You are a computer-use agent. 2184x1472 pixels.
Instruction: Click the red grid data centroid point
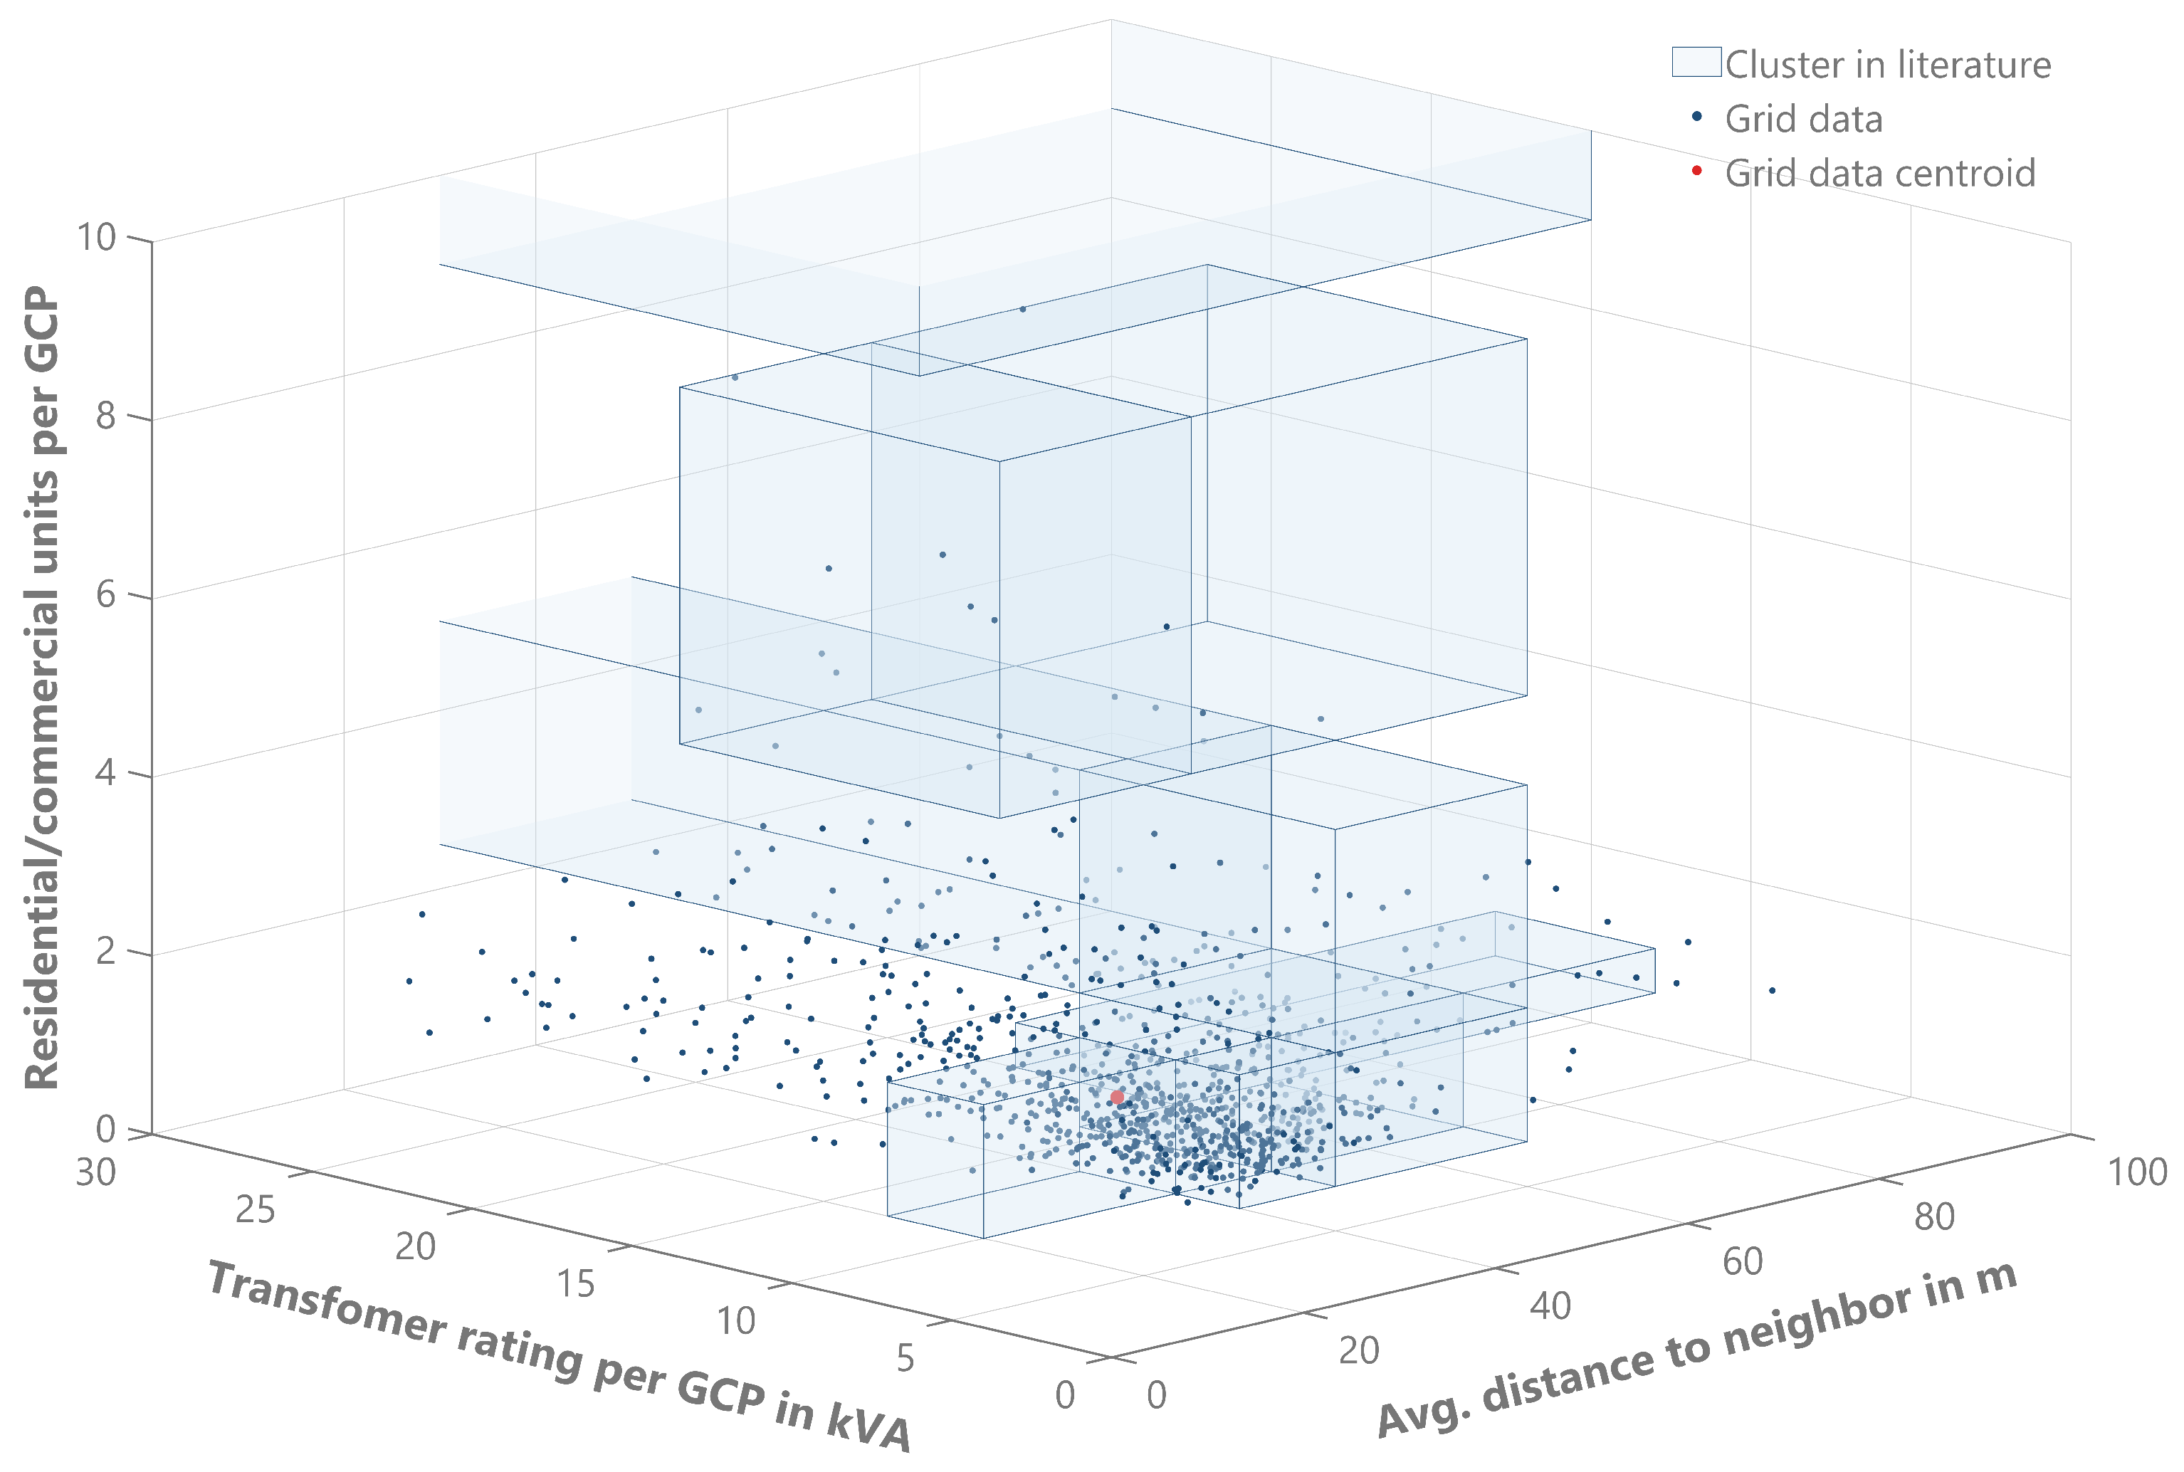1116,1096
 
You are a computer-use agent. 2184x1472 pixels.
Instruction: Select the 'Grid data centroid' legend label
1880,174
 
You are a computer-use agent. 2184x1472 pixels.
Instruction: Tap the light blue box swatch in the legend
1696,62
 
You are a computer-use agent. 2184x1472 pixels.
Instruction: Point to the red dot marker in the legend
1696,171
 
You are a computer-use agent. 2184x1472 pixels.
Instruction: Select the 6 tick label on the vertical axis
106,594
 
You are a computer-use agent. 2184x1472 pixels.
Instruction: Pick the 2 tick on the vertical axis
106,951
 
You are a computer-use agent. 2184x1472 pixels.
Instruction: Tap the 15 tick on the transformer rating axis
574,1283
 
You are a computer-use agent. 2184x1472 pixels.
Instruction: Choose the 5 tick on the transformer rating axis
905,1357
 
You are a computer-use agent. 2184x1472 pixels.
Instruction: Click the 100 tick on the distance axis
2137,1172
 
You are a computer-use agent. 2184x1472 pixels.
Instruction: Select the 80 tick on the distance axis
1934,1216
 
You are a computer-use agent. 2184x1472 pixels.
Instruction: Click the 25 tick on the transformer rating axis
254,1210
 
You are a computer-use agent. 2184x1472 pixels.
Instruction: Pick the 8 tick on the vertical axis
106,415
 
